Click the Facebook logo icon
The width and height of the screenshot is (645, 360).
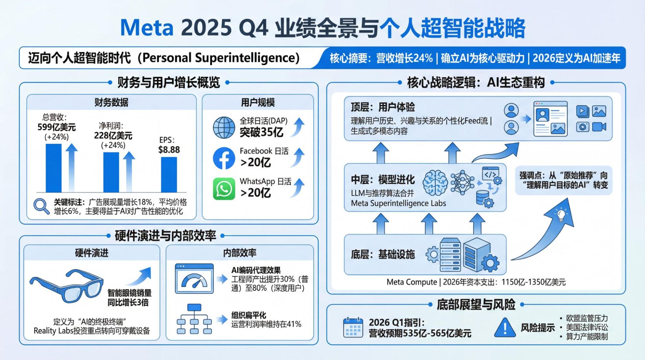point(224,158)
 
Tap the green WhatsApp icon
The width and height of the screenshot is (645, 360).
point(224,189)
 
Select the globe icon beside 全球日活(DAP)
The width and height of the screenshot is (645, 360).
point(224,128)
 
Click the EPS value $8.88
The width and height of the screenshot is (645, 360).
point(169,150)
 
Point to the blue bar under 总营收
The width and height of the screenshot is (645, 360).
point(54,168)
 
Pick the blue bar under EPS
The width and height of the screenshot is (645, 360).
point(169,175)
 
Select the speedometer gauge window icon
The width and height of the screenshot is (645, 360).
point(194,278)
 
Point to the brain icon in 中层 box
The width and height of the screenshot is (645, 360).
point(435,183)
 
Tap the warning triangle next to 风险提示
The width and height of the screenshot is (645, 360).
point(505,327)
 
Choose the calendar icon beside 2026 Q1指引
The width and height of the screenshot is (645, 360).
point(353,327)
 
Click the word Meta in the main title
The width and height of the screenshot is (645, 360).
point(147,28)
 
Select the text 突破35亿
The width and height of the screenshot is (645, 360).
point(261,132)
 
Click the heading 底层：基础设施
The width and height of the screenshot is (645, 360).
point(383,255)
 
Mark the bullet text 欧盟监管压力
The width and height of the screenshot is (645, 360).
point(587,318)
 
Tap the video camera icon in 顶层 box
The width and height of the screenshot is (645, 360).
point(599,127)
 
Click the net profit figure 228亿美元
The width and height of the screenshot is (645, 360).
point(113,135)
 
